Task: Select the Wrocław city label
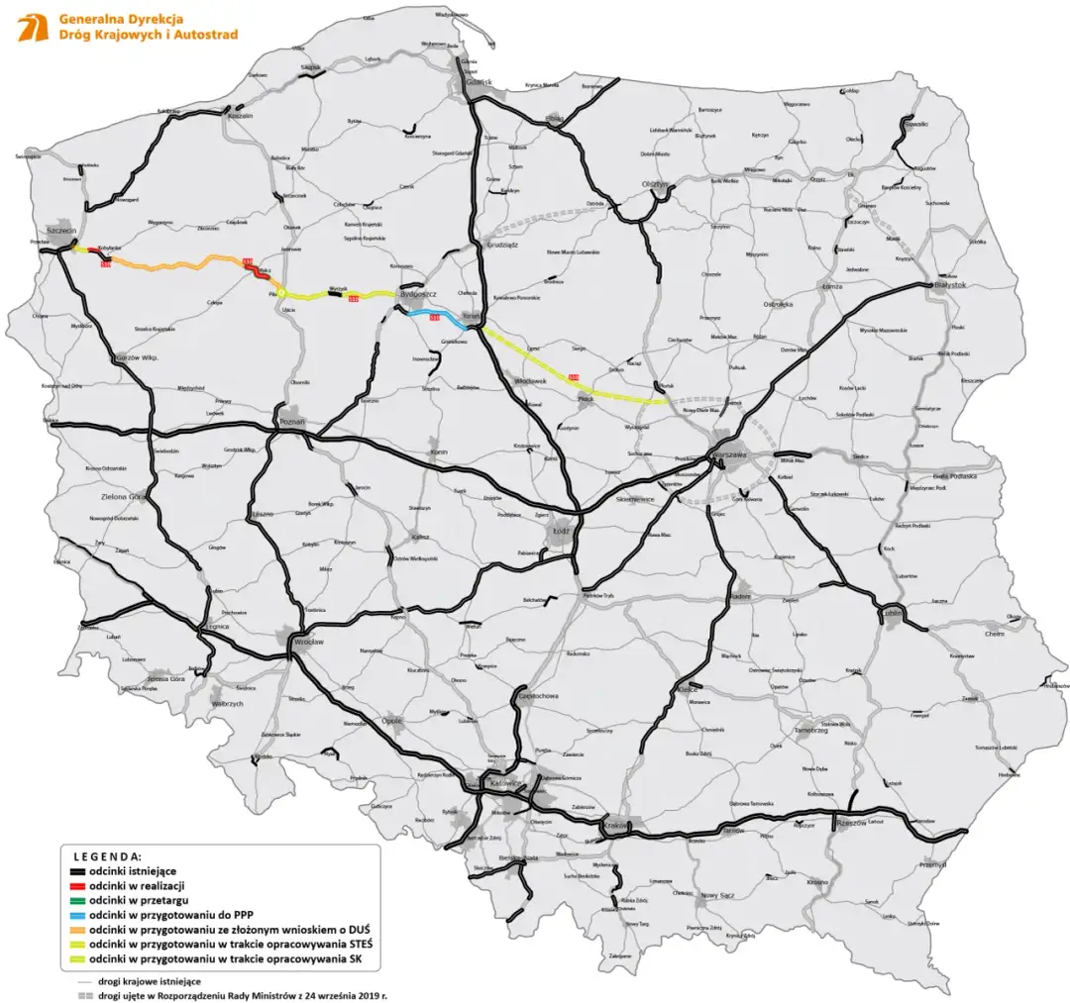309,643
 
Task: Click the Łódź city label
568,531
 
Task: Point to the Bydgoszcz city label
417,294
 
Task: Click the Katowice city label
505,783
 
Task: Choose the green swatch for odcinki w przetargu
74,901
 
